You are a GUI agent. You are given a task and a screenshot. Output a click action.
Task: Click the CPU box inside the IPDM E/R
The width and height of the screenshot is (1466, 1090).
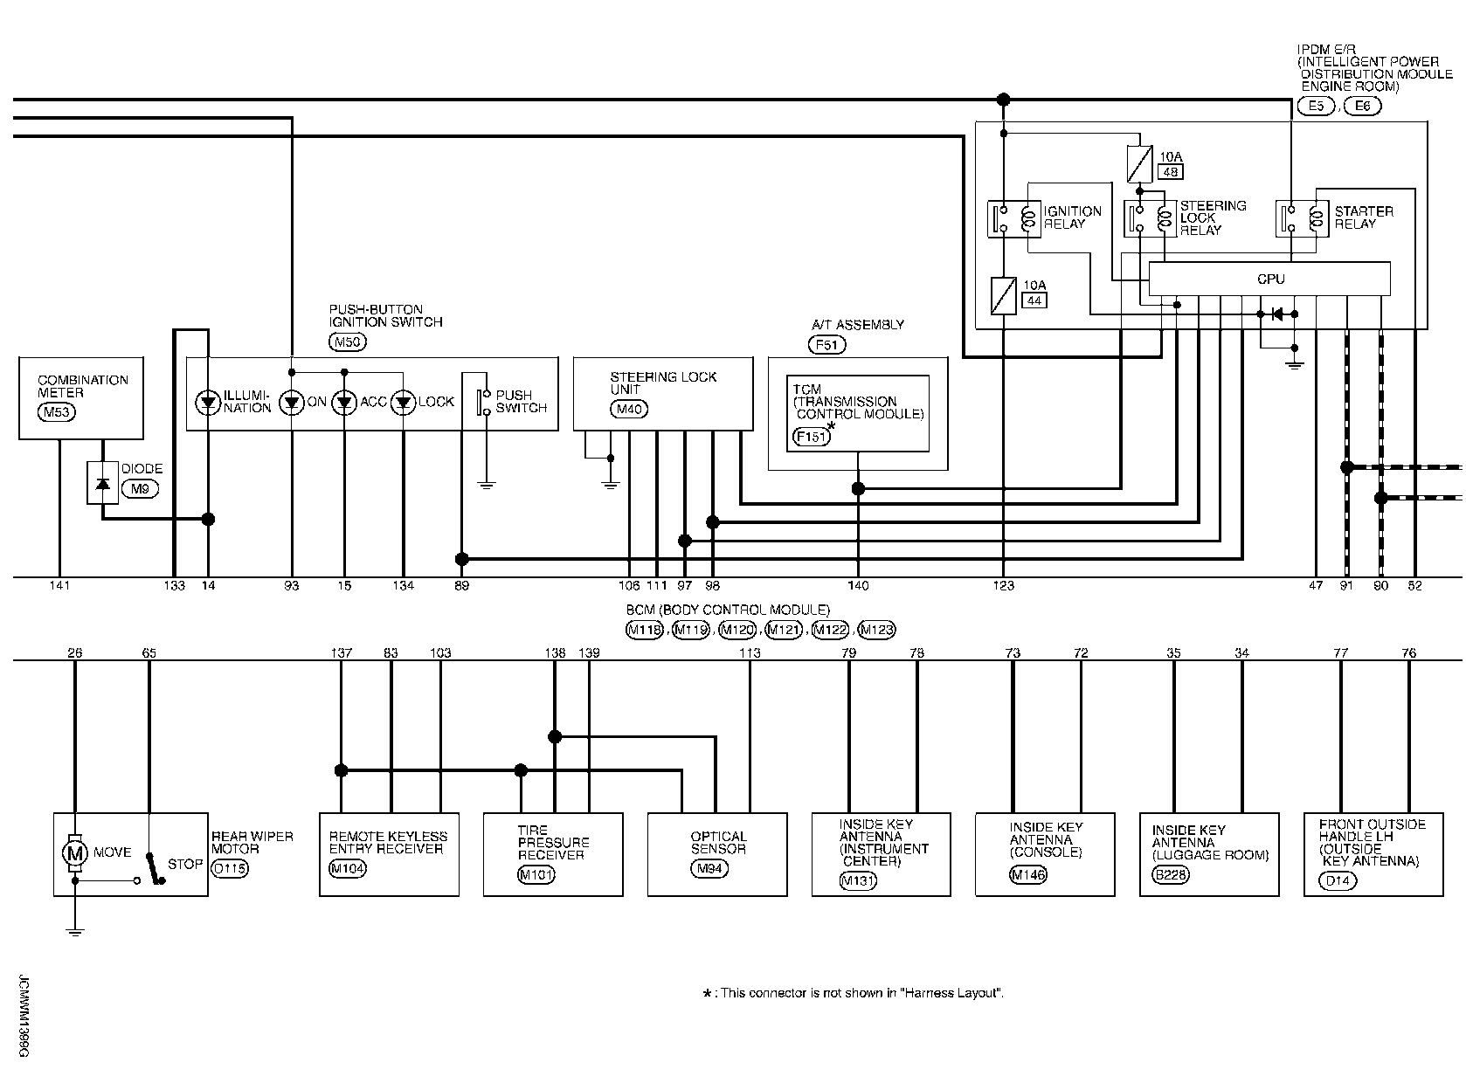[1269, 279]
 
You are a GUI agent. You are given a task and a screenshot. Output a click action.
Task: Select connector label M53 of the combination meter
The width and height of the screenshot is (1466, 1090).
[57, 412]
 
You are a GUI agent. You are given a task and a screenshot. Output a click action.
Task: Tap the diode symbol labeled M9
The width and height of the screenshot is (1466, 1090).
[102, 483]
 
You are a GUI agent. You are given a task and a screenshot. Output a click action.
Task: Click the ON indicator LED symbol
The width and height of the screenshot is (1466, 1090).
[292, 402]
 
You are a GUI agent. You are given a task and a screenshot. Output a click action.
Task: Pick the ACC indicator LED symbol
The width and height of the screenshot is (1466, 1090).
[343, 402]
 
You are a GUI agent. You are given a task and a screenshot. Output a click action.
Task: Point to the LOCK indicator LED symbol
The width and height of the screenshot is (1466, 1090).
[403, 402]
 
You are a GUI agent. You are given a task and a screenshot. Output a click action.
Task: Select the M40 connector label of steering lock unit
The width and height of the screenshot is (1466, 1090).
[629, 409]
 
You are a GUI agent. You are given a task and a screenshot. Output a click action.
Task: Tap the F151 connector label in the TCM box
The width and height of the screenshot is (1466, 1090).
[811, 437]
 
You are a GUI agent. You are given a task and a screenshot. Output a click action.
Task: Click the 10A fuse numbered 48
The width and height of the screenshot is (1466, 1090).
[1139, 164]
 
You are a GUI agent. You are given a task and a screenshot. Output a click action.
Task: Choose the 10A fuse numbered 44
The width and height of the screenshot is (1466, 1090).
[1003, 295]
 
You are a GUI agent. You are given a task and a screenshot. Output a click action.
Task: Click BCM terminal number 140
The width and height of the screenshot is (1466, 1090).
[858, 586]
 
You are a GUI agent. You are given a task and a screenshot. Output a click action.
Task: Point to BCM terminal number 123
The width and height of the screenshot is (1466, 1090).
[1003, 586]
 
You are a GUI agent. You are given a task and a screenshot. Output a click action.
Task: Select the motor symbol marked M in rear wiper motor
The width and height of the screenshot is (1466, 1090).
[74, 852]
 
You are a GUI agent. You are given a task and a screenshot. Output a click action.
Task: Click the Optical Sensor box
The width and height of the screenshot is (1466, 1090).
[717, 855]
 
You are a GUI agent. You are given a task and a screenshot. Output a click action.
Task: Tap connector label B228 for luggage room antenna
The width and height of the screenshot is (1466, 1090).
[1171, 875]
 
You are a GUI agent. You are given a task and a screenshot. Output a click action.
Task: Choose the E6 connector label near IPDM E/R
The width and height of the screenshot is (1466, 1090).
[1363, 106]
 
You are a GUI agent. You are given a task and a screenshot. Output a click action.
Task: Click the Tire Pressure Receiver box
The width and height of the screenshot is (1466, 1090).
[553, 855]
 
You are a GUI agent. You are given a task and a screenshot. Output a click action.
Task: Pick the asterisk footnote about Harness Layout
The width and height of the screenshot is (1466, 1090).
[853, 993]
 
